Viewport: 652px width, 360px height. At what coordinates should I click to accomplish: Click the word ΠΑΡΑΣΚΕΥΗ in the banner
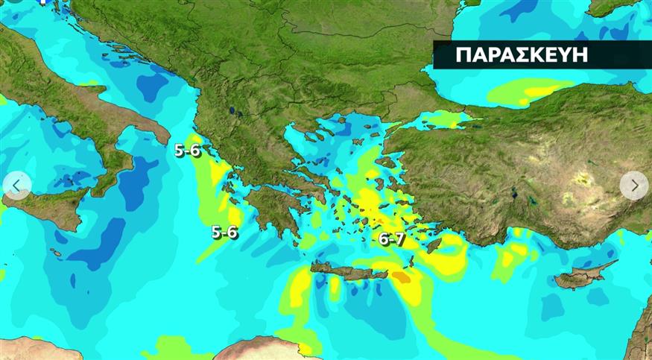pos(521,54)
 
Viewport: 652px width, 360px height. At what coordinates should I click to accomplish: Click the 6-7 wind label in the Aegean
pos(391,239)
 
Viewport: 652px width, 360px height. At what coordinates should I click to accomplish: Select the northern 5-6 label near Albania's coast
pos(187,150)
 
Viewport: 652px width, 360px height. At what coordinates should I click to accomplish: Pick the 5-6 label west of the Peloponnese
pos(224,232)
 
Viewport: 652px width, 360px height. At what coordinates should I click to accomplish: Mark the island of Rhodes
pos(433,244)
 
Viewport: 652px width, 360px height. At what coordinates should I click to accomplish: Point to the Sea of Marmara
pos(440,119)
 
